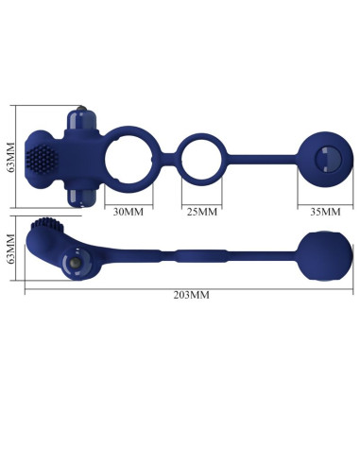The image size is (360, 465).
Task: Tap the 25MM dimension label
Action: pos(199,212)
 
